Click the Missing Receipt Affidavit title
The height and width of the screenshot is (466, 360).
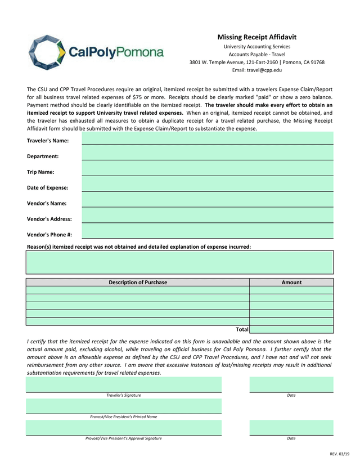pyautogui.click(x=256, y=37)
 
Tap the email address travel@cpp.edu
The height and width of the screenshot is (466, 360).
pyautogui.click(x=256, y=70)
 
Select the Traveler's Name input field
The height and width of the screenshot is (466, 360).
pyautogui.click(x=208, y=139)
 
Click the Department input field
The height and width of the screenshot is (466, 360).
pyautogui.click(x=208, y=155)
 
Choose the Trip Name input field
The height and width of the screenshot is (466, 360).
pyautogui.click(x=208, y=171)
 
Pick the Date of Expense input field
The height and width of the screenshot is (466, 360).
pyautogui.click(x=208, y=186)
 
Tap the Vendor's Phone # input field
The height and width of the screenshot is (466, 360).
pyautogui.click(x=208, y=232)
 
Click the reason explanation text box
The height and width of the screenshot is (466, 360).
pyautogui.click(x=179, y=262)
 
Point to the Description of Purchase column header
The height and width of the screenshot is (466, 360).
pyautogui.click(x=137, y=283)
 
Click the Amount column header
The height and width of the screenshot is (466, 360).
pyautogui.click(x=291, y=283)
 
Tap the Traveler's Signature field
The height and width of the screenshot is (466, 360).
pyautogui.click(x=123, y=384)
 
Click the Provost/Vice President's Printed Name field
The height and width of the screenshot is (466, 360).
pyautogui.click(x=123, y=406)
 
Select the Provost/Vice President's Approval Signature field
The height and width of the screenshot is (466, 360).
pyautogui.click(x=123, y=427)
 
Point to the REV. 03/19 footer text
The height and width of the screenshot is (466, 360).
pyautogui.click(x=339, y=454)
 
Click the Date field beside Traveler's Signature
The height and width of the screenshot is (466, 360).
pyautogui.click(x=291, y=384)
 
